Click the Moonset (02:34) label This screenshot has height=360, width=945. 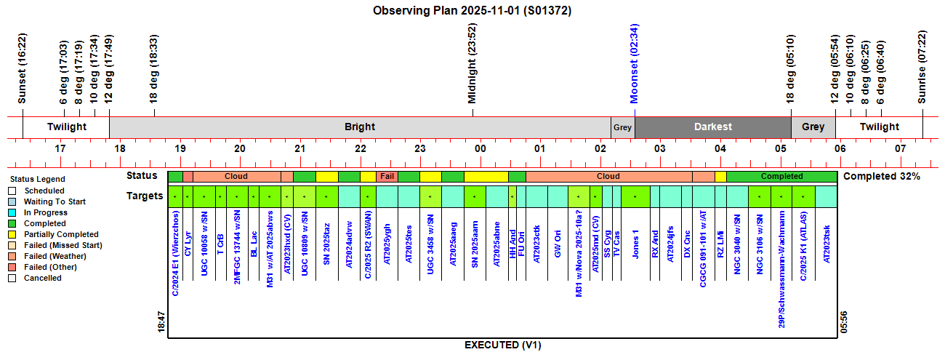pyautogui.click(x=635, y=63)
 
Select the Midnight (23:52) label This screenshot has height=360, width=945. pyautogui.click(x=472, y=63)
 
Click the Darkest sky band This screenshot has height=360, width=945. pyautogui.click(x=712, y=127)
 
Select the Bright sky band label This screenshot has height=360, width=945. pyautogui.click(x=360, y=127)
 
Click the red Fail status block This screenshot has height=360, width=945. pyautogui.click(x=387, y=176)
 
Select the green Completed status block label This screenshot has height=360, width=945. pyautogui.click(x=781, y=176)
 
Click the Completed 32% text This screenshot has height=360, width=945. pyautogui.click(x=882, y=176)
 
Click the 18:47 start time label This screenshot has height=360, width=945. pyautogui.click(x=161, y=321)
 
